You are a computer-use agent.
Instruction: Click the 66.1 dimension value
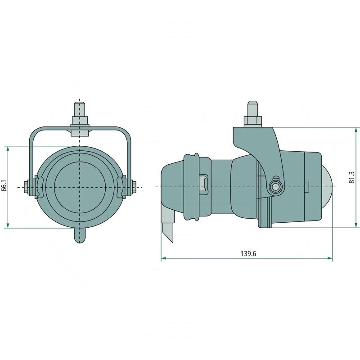[x=4, y=185]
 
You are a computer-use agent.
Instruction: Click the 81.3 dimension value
[x=352, y=177]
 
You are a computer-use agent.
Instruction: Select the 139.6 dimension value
[x=248, y=254]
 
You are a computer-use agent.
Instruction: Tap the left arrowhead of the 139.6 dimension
[x=163, y=258]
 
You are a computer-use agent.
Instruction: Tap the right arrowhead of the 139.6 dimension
[x=330, y=258]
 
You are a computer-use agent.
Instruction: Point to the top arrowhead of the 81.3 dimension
[x=356, y=130]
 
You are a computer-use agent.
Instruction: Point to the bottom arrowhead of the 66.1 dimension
[x=8, y=225]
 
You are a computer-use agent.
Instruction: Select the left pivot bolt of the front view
[x=26, y=187]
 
